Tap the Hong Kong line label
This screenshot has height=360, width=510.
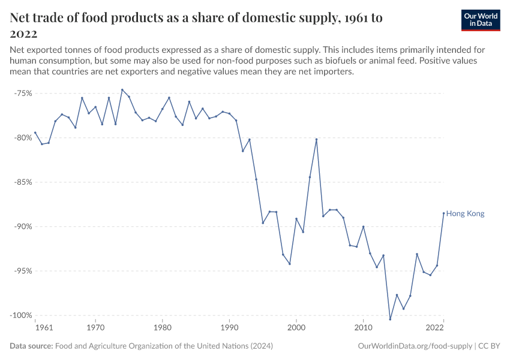465,214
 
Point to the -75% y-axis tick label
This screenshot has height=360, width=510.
22,94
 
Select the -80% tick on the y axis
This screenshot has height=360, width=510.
22,137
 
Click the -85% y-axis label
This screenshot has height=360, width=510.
22,182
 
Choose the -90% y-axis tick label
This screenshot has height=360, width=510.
22,226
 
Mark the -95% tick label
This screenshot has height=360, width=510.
22,271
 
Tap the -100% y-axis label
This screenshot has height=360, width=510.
20,315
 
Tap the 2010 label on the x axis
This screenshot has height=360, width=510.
363,328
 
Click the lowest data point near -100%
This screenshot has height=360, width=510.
390,319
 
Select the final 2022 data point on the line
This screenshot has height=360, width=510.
443,213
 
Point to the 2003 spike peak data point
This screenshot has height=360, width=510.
316,139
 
